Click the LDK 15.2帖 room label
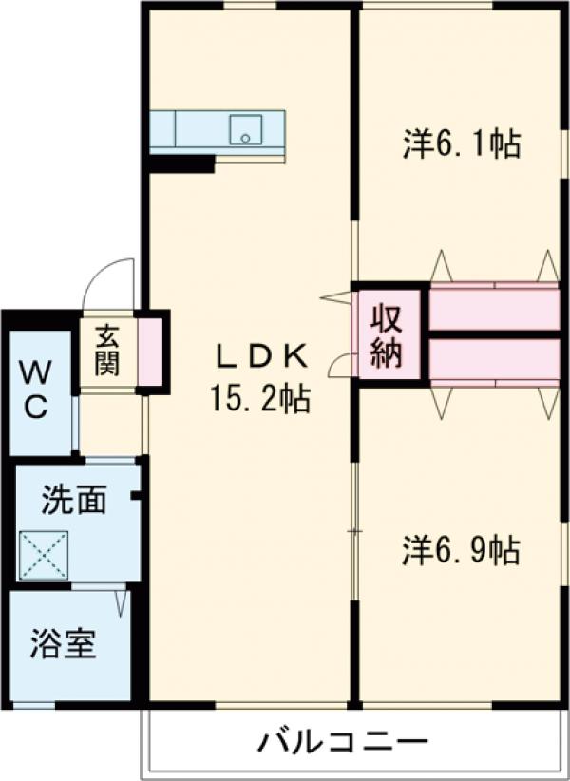[x=259, y=378]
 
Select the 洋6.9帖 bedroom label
[x=461, y=552]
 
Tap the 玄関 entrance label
[x=105, y=349]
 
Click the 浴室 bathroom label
[x=62, y=646]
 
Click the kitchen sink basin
[x=245, y=129]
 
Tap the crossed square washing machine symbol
[x=44, y=555]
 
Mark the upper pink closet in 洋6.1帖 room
[x=494, y=310]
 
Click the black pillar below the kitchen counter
[x=180, y=163]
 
